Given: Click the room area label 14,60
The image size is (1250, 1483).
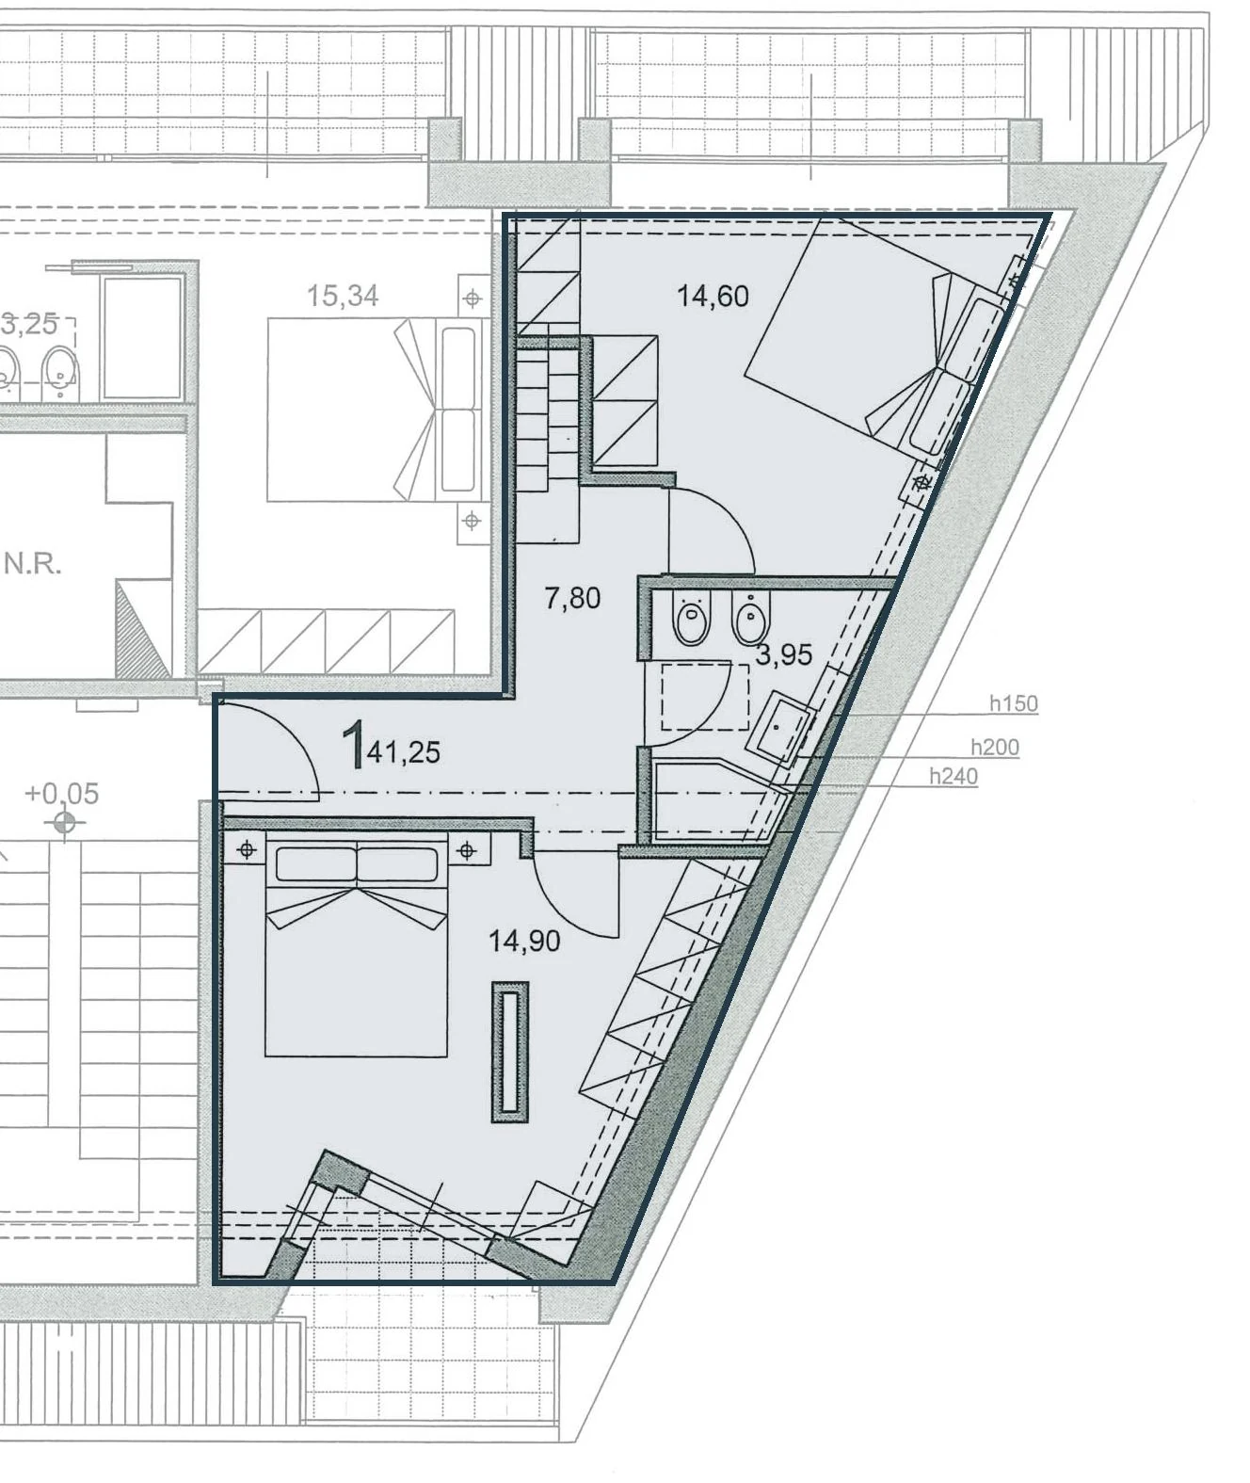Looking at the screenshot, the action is click(713, 297).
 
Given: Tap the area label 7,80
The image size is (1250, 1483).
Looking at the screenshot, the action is click(572, 598).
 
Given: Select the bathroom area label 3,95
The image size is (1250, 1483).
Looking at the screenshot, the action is click(784, 654).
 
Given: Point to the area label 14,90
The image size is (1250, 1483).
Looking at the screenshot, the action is click(524, 941).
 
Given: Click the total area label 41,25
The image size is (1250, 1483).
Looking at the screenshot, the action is click(404, 752).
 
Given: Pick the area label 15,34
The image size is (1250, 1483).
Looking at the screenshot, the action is click(343, 297).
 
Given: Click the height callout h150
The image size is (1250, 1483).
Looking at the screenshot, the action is click(1014, 704).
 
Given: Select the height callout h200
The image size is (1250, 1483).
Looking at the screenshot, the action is click(995, 748).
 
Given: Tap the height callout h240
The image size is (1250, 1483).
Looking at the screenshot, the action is click(954, 777).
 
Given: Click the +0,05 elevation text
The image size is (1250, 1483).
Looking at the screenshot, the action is click(62, 794).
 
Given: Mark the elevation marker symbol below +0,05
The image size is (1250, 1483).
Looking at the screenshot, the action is click(65, 823).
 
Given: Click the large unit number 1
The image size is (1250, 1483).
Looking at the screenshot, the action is click(353, 745).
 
